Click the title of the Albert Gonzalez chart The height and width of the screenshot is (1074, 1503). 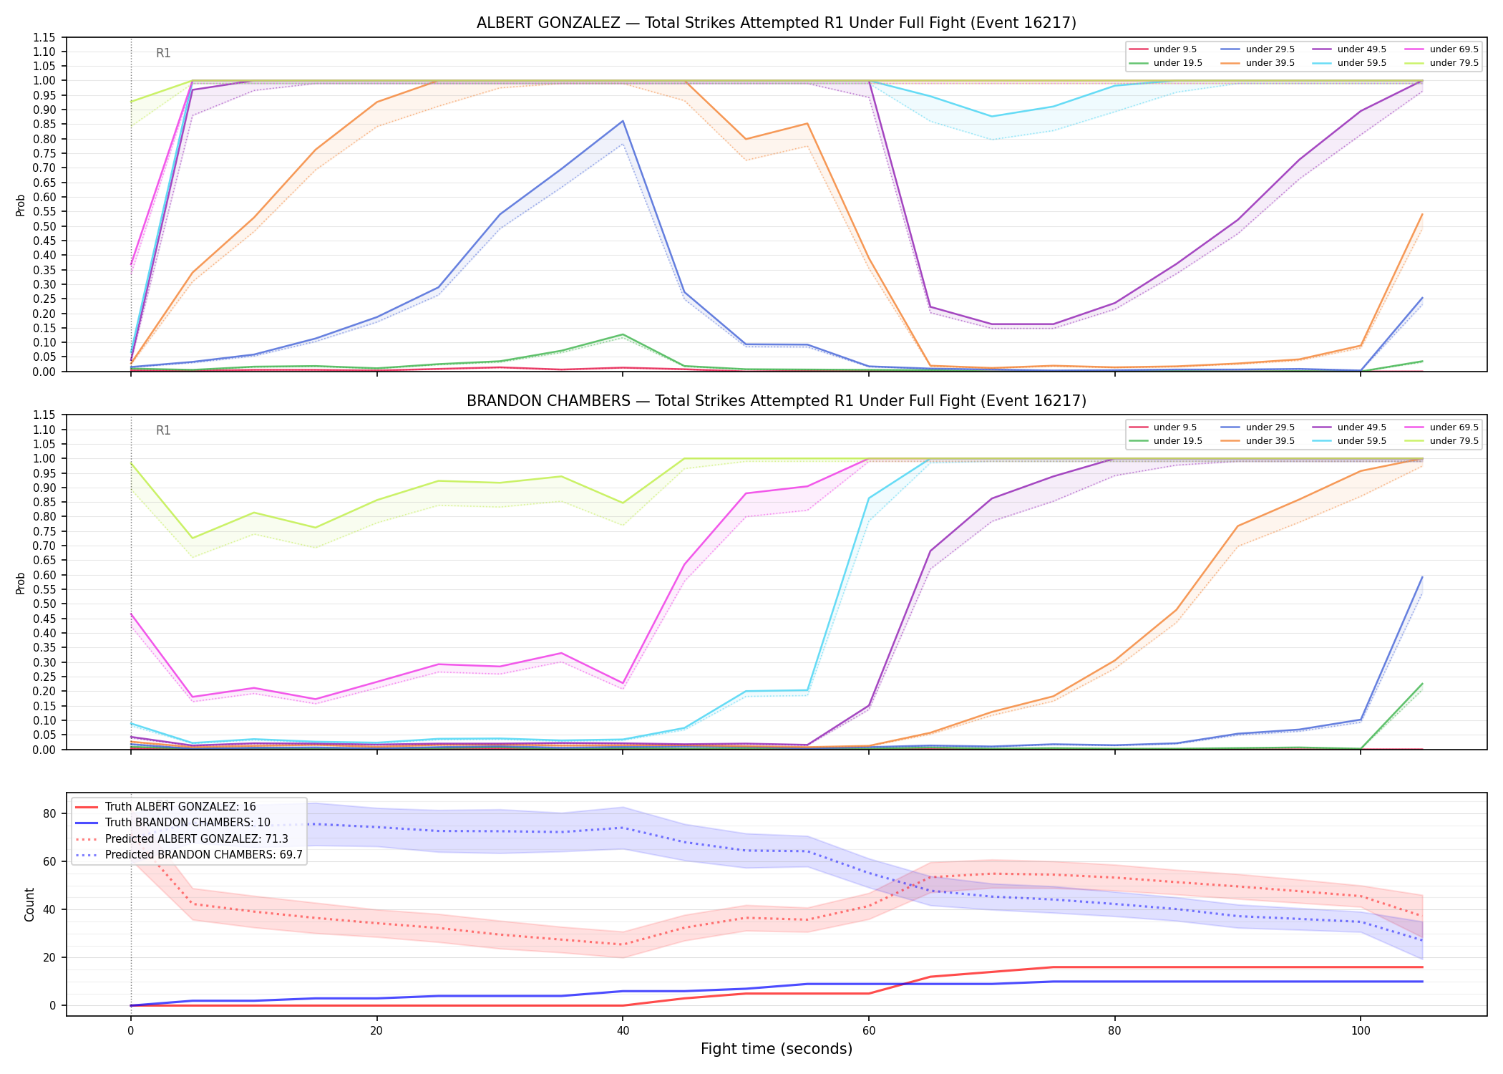pos(777,23)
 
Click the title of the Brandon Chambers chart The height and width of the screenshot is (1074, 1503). pos(777,401)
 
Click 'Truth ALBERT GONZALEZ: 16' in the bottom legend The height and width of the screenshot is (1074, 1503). pos(165,807)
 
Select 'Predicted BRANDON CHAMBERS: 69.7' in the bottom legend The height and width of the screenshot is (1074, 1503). pos(189,855)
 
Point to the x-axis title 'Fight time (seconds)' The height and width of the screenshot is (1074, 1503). pos(777,1049)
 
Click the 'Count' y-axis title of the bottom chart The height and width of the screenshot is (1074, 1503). pos(29,904)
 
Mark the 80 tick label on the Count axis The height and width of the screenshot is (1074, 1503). pos(49,813)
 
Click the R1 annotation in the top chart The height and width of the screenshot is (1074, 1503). pos(163,53)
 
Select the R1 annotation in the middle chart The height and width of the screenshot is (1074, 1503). pos(163,430)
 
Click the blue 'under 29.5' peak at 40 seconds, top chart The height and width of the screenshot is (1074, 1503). pos(623,121)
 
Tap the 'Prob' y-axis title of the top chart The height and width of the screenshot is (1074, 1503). pos(21,205)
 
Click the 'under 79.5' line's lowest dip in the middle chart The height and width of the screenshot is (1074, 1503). pos(192,538)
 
